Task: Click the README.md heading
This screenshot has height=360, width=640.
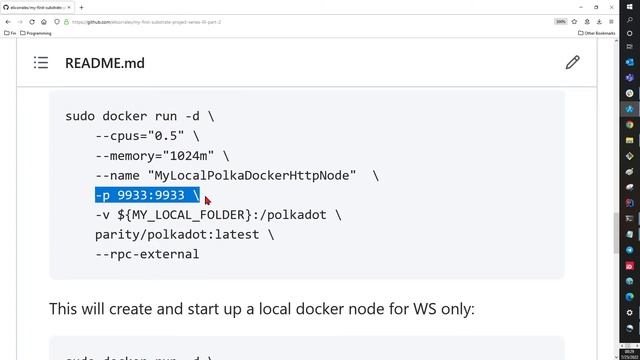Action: [x=104, y=63]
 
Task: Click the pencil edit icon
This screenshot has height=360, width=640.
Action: [x=572, y=63]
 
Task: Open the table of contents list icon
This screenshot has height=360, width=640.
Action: [x=41, y=63]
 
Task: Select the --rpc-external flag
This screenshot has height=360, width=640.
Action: [x=147, y=254]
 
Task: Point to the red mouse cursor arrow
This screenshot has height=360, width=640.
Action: [x=207, y=200]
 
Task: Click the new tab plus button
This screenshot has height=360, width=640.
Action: [x=81, y=7]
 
